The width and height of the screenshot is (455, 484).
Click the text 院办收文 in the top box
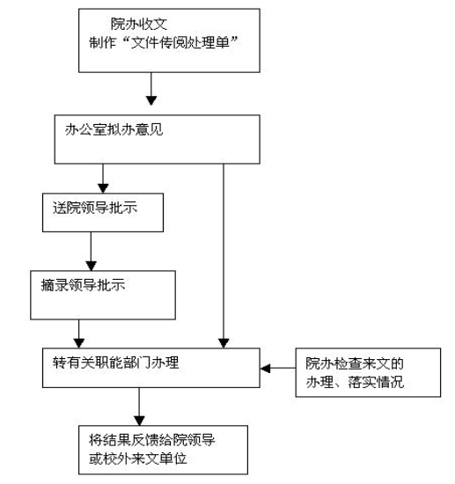coord(139,24)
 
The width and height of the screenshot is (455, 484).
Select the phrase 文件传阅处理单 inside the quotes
coord(180,42)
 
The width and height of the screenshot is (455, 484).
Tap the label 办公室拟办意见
coord(114,129)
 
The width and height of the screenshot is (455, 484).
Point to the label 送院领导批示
coord(95,208)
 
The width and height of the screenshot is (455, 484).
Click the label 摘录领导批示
coord(83,284)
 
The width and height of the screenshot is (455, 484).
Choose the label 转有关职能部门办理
coord(116,362)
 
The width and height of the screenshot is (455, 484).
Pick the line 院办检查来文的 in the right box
coord(355,363)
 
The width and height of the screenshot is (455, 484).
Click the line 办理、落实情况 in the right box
coord(355,382)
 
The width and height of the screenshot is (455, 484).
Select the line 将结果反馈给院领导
coord(152,440)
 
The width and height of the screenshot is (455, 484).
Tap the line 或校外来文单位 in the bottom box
coord(137,458)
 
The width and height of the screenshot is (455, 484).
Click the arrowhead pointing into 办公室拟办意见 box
coord(151,100)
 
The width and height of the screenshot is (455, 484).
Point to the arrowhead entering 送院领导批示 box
coord(103,188)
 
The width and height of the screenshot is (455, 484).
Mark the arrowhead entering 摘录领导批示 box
coord(91,266)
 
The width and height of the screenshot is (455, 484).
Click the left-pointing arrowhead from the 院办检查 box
coord(265,368)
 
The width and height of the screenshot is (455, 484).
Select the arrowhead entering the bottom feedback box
coord(139,421)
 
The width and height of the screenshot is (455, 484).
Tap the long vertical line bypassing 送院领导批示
coord(224,252)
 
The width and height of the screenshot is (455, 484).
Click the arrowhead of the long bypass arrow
coord(224,343)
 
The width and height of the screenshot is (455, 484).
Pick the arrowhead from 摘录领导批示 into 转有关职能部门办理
coord(79,343)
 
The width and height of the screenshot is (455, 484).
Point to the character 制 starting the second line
coord(96,42)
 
